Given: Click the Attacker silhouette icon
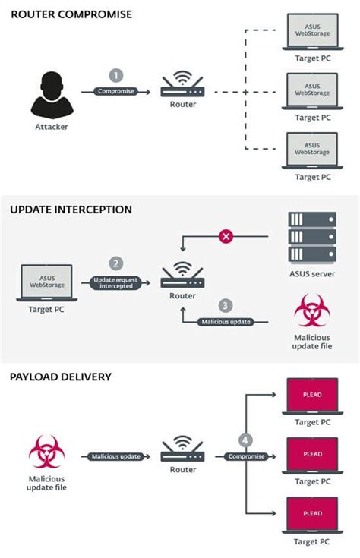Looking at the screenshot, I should (x=51, y=94).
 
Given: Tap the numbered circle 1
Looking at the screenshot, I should (x=116, y=75).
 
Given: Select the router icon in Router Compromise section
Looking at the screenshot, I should (x=182, y=87).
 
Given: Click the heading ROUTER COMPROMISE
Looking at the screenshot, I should (x=71, y=14).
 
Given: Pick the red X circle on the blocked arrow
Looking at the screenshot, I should (x=226, y=237).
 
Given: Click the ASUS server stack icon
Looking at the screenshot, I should (x=313, y=238).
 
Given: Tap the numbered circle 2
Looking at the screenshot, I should (x=116, y=263).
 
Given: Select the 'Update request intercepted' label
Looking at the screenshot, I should (x=116, y=283).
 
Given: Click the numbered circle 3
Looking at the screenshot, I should (x=225, y=306).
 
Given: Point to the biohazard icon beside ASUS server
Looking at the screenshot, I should (x=313, y=311).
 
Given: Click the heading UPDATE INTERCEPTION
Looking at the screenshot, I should (x=71, y=209).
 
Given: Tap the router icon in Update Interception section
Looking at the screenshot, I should (x=182, y=277).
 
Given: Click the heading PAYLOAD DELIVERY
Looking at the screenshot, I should (x=61, y=377).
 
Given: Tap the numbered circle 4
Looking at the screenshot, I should (x=245, y=440).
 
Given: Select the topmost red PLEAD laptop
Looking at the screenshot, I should (x=312, y=396).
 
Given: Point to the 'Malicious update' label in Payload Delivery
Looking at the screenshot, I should (x=116, y=456).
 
